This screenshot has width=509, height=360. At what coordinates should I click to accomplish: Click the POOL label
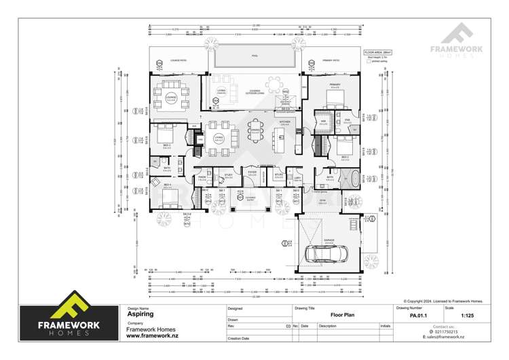254,56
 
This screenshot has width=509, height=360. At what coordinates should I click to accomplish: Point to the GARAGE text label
329,240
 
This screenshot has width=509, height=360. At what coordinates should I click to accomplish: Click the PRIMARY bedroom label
335,86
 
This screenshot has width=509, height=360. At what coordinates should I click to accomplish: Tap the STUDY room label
229,175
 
